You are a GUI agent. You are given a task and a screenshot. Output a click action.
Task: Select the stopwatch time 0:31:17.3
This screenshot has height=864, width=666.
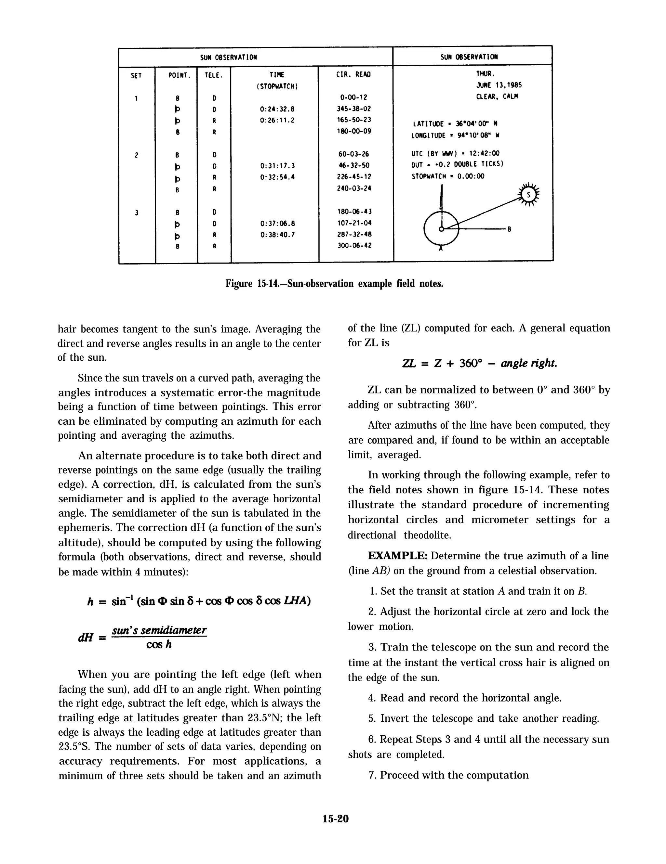click(x=277, y=166)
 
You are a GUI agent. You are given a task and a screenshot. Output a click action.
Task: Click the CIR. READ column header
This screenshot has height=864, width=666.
click(x=353, y=74)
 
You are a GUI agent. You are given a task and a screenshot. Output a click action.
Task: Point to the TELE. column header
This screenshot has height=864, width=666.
click(x=214, y=75)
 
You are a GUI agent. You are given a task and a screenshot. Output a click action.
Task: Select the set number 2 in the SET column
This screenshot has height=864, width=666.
click(x=136, y=155)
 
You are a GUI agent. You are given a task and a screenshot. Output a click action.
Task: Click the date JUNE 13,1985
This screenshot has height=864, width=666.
click(x=499, y=85)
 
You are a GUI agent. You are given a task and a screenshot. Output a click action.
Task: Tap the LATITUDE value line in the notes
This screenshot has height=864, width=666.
click(x=455, y=124)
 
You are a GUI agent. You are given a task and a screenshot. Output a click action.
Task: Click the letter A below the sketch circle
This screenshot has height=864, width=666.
click(x=440, y=249)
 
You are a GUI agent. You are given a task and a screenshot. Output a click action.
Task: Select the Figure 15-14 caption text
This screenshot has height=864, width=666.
click(x=334, y=284)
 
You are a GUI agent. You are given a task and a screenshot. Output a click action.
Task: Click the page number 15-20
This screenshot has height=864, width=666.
click(x=335, y=819)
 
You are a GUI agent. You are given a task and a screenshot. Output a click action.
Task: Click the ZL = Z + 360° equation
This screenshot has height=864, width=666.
click(x=479, y=363)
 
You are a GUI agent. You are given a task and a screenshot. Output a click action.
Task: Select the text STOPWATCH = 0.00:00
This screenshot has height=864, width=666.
click(x=447, y=176)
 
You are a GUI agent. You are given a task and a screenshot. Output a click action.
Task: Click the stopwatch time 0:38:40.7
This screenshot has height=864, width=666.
click(x=277, y=234)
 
